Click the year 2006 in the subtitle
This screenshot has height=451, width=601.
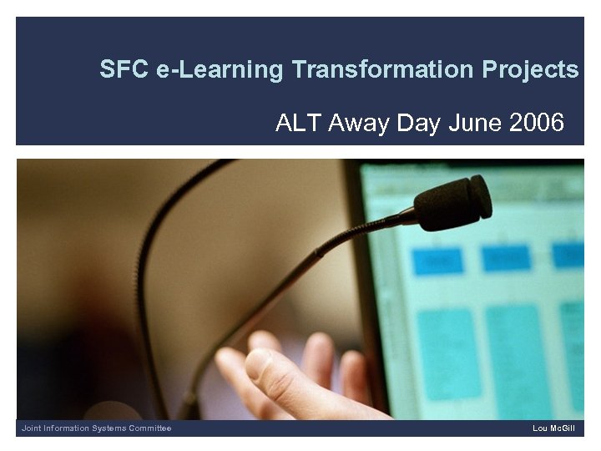(x=536, y=124)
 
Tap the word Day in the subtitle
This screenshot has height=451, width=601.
(x=418, y=124)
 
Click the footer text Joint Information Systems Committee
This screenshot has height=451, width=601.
(x=96, y=428)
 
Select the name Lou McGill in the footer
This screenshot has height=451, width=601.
(x=553, y=428)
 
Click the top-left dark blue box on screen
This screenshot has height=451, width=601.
(x=437, y=260)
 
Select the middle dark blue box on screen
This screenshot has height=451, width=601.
(x=505, y=258)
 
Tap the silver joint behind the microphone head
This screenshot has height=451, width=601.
(x=409, y=217)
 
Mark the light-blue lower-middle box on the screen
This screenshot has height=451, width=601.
(x=514, y=351)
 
